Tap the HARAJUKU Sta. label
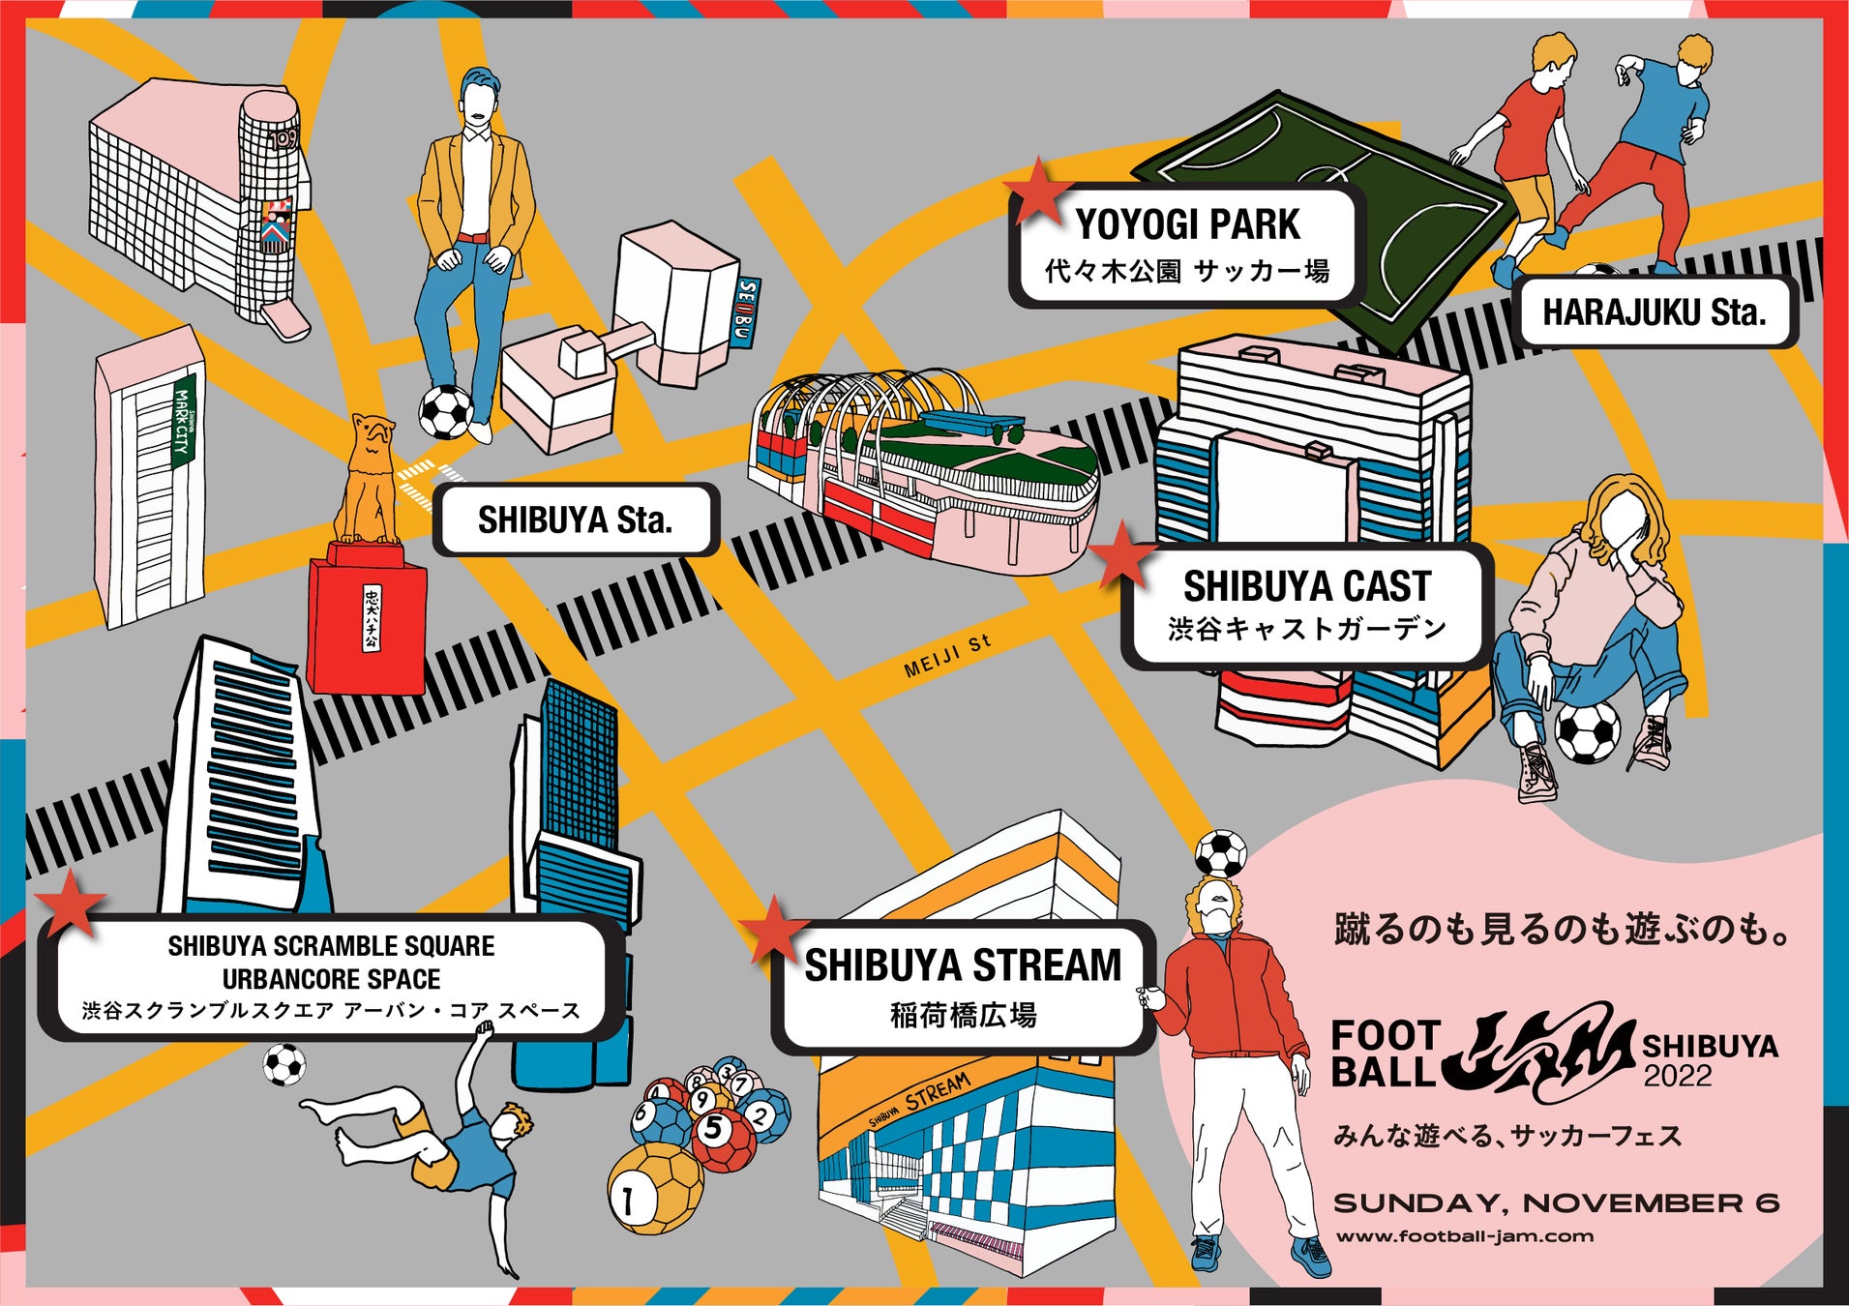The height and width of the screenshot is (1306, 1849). pos(1654,312)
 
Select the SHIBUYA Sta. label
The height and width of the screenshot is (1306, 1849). pos(575,520)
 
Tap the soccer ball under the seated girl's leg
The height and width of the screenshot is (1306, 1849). pos(1586,732)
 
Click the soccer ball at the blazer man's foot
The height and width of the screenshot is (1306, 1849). pos(445,411)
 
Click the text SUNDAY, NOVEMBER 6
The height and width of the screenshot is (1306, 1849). pos(1555,1203)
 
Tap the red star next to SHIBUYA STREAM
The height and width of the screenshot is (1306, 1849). pos(773,930)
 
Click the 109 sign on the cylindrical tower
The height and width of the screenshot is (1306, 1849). pos(283,140)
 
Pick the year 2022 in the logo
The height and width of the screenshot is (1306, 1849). pos(1677,1076)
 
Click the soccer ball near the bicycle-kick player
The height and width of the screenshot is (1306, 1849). pos(284,1065)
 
